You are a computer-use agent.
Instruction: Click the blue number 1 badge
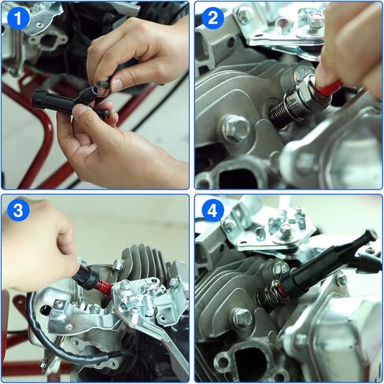tap(18, 17)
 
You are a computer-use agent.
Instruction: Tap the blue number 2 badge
tap(212, 17)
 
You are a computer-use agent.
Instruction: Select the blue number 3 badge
tap(18, 211)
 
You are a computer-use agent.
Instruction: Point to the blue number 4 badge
tap(212, 211)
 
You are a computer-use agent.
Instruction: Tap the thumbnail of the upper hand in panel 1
tap(116, 84)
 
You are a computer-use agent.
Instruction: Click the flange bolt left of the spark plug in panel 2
tap(236, 128)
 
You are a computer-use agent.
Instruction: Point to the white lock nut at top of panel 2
tap(315, 19)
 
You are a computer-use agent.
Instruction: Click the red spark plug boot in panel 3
tap(102, 286)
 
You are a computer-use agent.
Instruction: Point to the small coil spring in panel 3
tap(148, 306)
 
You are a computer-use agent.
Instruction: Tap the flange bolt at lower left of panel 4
tap(241, 318)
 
